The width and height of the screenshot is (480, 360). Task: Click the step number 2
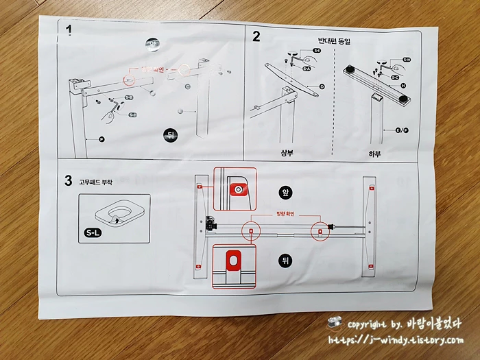(256, 36)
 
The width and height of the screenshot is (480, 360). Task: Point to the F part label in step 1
(101, 140)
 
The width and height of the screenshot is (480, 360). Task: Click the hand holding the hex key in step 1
(121, 104)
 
